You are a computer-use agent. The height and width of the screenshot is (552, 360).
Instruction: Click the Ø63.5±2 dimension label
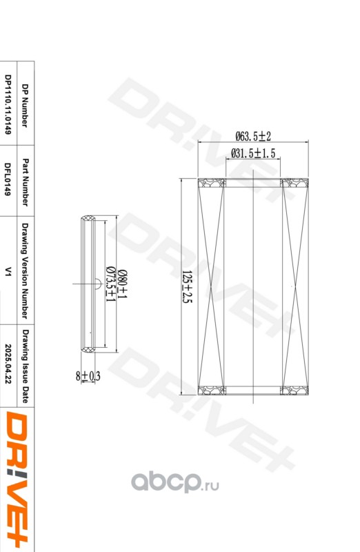point(253,136)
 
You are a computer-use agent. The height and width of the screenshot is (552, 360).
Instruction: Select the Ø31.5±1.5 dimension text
point(253,153)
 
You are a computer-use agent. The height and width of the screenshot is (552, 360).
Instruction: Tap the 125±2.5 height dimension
point(188,287)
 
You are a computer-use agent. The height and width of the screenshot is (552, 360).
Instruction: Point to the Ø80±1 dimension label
point(123,284)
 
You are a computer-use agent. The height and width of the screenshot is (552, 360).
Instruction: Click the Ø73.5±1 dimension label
point(111,284)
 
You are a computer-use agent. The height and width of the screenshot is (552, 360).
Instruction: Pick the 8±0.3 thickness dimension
point(88,376)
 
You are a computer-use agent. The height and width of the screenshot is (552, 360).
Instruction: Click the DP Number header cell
point(25,106)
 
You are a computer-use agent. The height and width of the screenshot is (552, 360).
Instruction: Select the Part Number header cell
point(26,182)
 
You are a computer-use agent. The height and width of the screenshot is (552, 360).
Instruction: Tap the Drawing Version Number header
point(25,270)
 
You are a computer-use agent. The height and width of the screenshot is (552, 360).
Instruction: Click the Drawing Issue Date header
point(26,366)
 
